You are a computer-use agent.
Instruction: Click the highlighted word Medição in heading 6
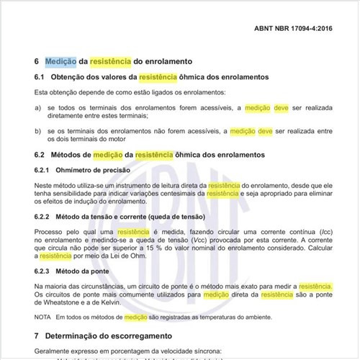pyautogui.click(x=61, y=62)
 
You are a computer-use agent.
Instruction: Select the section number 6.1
pyautogui.click(x=40, y=77)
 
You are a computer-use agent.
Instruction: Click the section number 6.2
pyautogui.click(x=40, y=155)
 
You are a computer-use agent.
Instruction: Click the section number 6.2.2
pyautogui.click(x=45, y=217)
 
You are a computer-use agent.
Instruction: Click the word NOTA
pyautogui.click(x=42, y=317)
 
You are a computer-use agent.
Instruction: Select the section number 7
pyautogui.click(x=37, y=336)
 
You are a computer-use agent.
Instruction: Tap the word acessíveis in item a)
pyautogui.click(x=212, y=108)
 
